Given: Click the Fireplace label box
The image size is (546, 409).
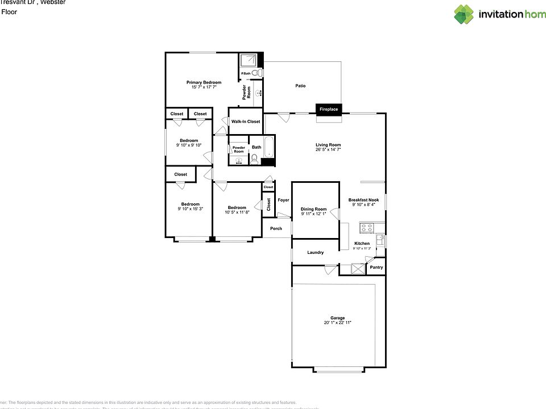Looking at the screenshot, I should (x=329, y=108).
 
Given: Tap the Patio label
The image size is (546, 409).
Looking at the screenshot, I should (x=300, y=86).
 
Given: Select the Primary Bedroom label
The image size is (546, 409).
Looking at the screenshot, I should (x=204, y=82).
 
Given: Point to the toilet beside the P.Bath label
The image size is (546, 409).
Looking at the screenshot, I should (x=256, y=73).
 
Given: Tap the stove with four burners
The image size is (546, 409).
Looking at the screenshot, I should (x=367, y=228).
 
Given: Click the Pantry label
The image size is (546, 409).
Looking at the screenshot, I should (x=377, y=267).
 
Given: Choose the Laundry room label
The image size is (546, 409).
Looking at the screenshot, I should (x=316, y=252).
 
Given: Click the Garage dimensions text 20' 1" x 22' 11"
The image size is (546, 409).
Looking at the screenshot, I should (x=337, y=323).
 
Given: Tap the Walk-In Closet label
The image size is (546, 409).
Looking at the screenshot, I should (x=246, y=122).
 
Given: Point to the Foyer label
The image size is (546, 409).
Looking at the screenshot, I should (x=283, y=200).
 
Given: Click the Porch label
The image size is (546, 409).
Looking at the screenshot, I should (x=276, y=228).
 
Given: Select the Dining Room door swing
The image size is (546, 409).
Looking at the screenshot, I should (x=335, y=215).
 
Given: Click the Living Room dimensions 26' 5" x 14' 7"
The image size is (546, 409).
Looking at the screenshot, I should (x=328, y=149).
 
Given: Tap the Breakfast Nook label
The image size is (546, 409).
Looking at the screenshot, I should (x=363, y=200).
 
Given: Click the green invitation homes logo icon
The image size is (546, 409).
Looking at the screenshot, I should (x=464, y=14).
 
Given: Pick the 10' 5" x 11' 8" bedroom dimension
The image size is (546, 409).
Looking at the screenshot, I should (x=237, y=212).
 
